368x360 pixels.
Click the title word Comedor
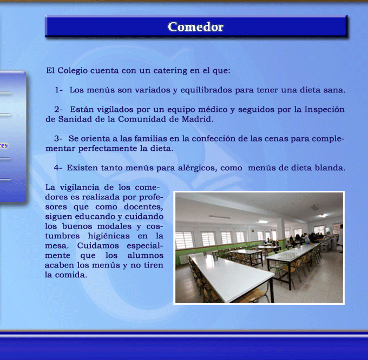pyautogui.click(x=195, y=26)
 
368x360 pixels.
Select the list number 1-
pyautogui.click(x=58, y=90)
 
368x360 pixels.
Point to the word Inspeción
pyautogui.click(x=325, y=110)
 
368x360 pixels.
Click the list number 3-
pyautogui.click(x=58, y=138)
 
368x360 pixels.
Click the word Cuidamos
pyautogui.click(x=98, y=245)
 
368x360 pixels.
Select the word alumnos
pyautogui.click(x=146, y=256)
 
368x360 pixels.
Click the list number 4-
pyautogui.click(x=58, y=168)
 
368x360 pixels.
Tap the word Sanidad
pyautogui.click(x=75, y=119)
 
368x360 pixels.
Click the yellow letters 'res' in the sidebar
pyautogui.click(x=4, y=145)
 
